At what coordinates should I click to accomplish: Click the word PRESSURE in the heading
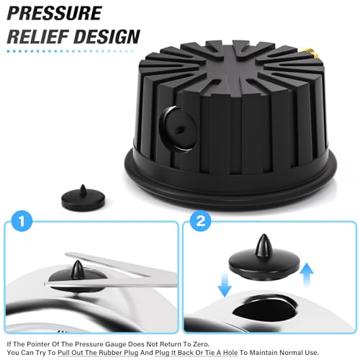coord(55,13)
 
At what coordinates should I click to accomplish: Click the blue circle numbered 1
coord(22,221)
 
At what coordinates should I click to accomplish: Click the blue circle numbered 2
coord(200,221)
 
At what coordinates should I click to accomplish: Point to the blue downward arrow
coord(225,284)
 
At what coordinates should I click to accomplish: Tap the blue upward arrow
coord(307,275)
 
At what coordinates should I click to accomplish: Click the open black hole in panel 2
coord(264,309)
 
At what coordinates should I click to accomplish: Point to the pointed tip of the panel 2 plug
coord(264,235)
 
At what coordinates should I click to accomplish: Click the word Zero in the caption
coord(200,344)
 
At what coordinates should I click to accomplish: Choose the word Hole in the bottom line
coord(230,353)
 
